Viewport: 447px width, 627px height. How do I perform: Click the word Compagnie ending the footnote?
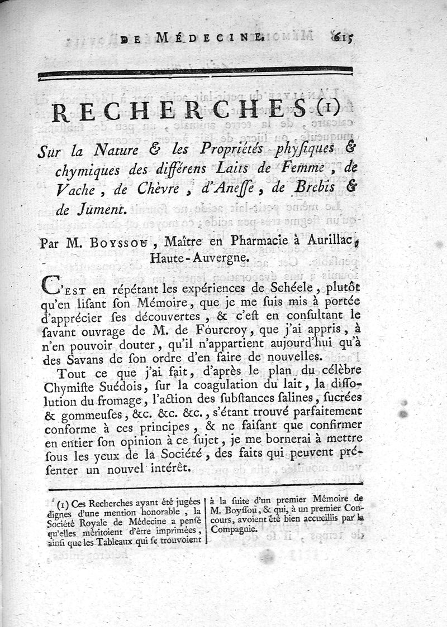point(235,529)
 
